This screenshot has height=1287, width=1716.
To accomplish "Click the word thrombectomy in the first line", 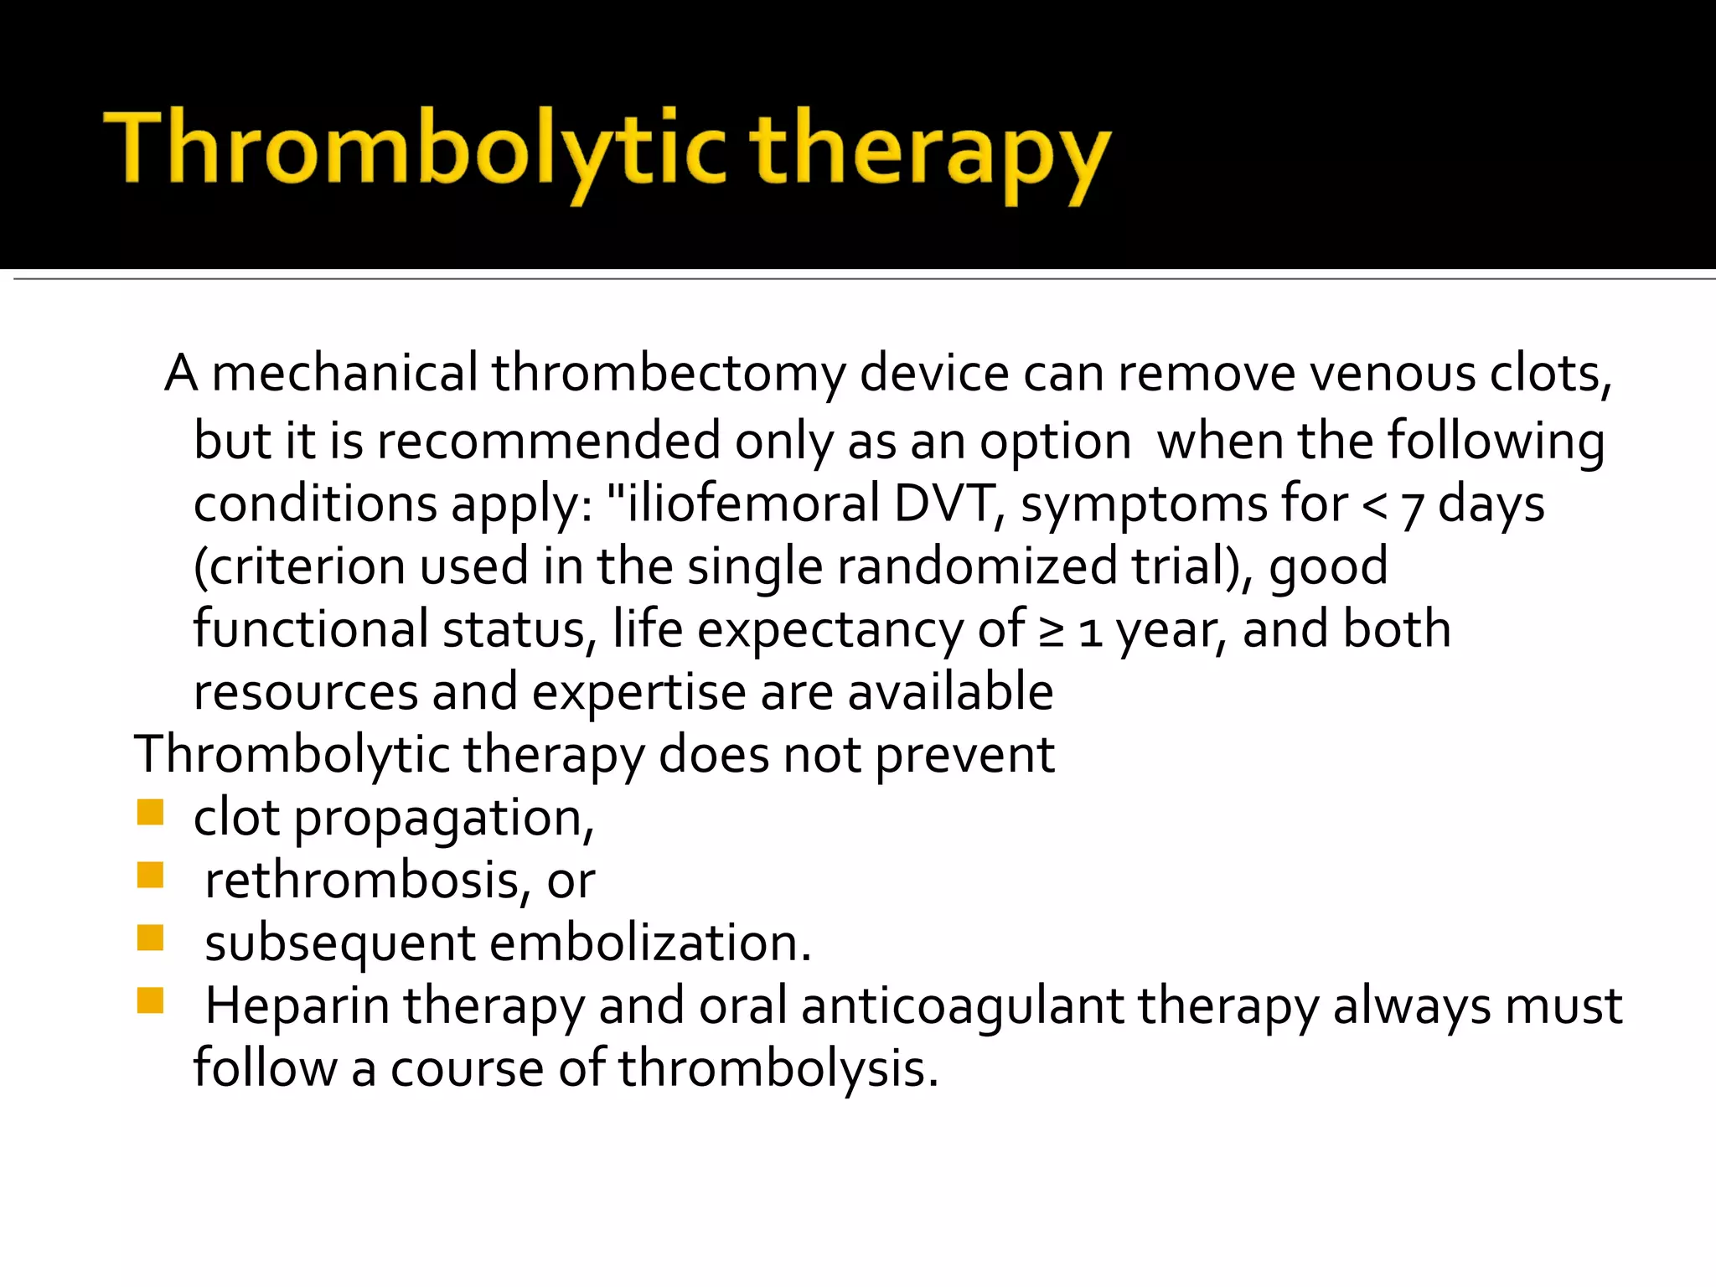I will [668, 374].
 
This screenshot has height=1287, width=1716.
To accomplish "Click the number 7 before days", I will [1413, 508].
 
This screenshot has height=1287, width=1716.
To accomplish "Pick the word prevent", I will [964, 756].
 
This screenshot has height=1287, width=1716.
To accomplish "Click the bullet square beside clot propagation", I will [150, 813].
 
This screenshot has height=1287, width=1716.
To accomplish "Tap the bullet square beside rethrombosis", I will [150, 876].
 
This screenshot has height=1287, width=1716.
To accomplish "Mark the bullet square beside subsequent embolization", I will [150, 938].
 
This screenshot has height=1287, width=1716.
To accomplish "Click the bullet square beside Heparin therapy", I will [150, 1000].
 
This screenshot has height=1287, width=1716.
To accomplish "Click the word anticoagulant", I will [962, 1006].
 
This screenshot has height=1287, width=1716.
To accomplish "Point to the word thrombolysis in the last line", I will [778, 1069].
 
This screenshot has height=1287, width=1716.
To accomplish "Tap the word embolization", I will [649, 943].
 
